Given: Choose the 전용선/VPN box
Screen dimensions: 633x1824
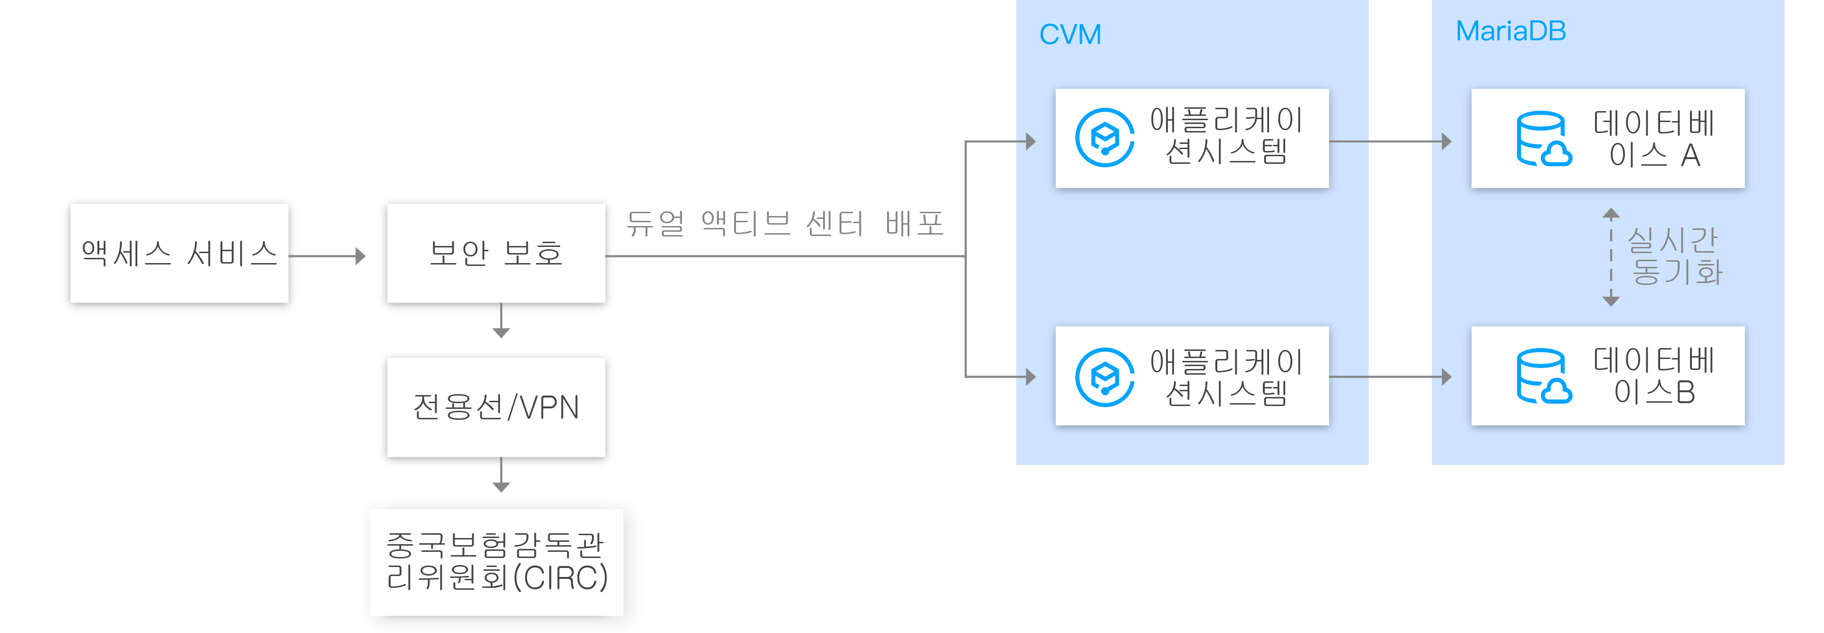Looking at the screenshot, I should click(496, 407).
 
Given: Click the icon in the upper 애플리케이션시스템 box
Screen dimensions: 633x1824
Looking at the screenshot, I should click(1104, 137).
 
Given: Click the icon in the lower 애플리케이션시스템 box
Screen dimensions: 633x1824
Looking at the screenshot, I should click(1104, 377).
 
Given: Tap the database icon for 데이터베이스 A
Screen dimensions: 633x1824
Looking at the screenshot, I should click(1543, 139).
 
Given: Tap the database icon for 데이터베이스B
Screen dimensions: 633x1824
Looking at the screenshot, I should click(1543, 377).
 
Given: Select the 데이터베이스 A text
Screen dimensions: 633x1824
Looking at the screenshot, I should click(1653, 139).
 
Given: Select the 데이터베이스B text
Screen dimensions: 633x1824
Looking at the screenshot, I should click(1653, 377).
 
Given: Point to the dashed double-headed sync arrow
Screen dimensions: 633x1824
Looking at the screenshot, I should click(1611, 257).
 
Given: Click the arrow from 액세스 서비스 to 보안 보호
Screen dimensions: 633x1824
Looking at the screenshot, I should click(327, 255).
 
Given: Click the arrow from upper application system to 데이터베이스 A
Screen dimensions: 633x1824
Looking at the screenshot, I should click(1390, 142).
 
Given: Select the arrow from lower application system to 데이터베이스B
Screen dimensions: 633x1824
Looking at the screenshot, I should click(1390, 377).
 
